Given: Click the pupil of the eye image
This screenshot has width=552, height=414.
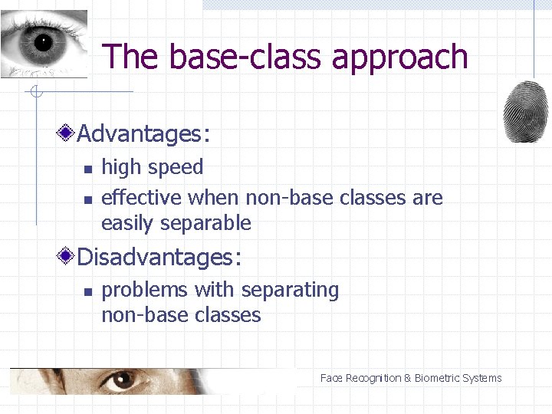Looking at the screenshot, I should (41, 41).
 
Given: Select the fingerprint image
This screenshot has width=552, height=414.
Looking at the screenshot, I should (525, 111).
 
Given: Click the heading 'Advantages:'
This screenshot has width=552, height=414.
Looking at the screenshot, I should (143, 134).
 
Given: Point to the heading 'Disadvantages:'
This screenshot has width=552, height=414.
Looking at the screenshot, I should (159, 257).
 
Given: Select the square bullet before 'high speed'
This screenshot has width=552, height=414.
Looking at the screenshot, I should (87, 169).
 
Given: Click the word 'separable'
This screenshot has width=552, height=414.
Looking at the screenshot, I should (216, 224).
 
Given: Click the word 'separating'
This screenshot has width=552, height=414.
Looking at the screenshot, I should (288, 291).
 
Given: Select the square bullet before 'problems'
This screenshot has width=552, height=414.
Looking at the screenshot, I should (87, 291).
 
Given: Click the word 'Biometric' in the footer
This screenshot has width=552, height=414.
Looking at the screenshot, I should (439, 378).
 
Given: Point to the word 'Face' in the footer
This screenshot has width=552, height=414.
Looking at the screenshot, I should (331, 378).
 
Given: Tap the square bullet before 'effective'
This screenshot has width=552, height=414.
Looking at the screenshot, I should (87, 199).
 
